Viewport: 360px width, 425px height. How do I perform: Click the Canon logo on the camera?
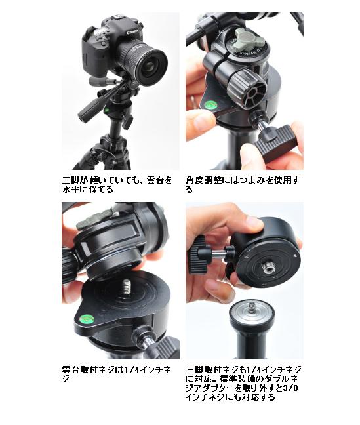(x=132, y=32)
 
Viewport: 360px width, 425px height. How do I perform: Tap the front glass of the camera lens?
(x=152, y=66)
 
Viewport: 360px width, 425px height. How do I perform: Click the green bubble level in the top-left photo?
(x=106, y=110)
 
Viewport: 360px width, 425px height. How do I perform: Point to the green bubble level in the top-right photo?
(x=210, y=104)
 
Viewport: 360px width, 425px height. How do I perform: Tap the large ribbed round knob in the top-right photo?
(x=246, y=88)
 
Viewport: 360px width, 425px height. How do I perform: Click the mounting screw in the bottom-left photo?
(x=126, y=287)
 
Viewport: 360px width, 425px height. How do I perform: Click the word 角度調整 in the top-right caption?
(x=204, y=180)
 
